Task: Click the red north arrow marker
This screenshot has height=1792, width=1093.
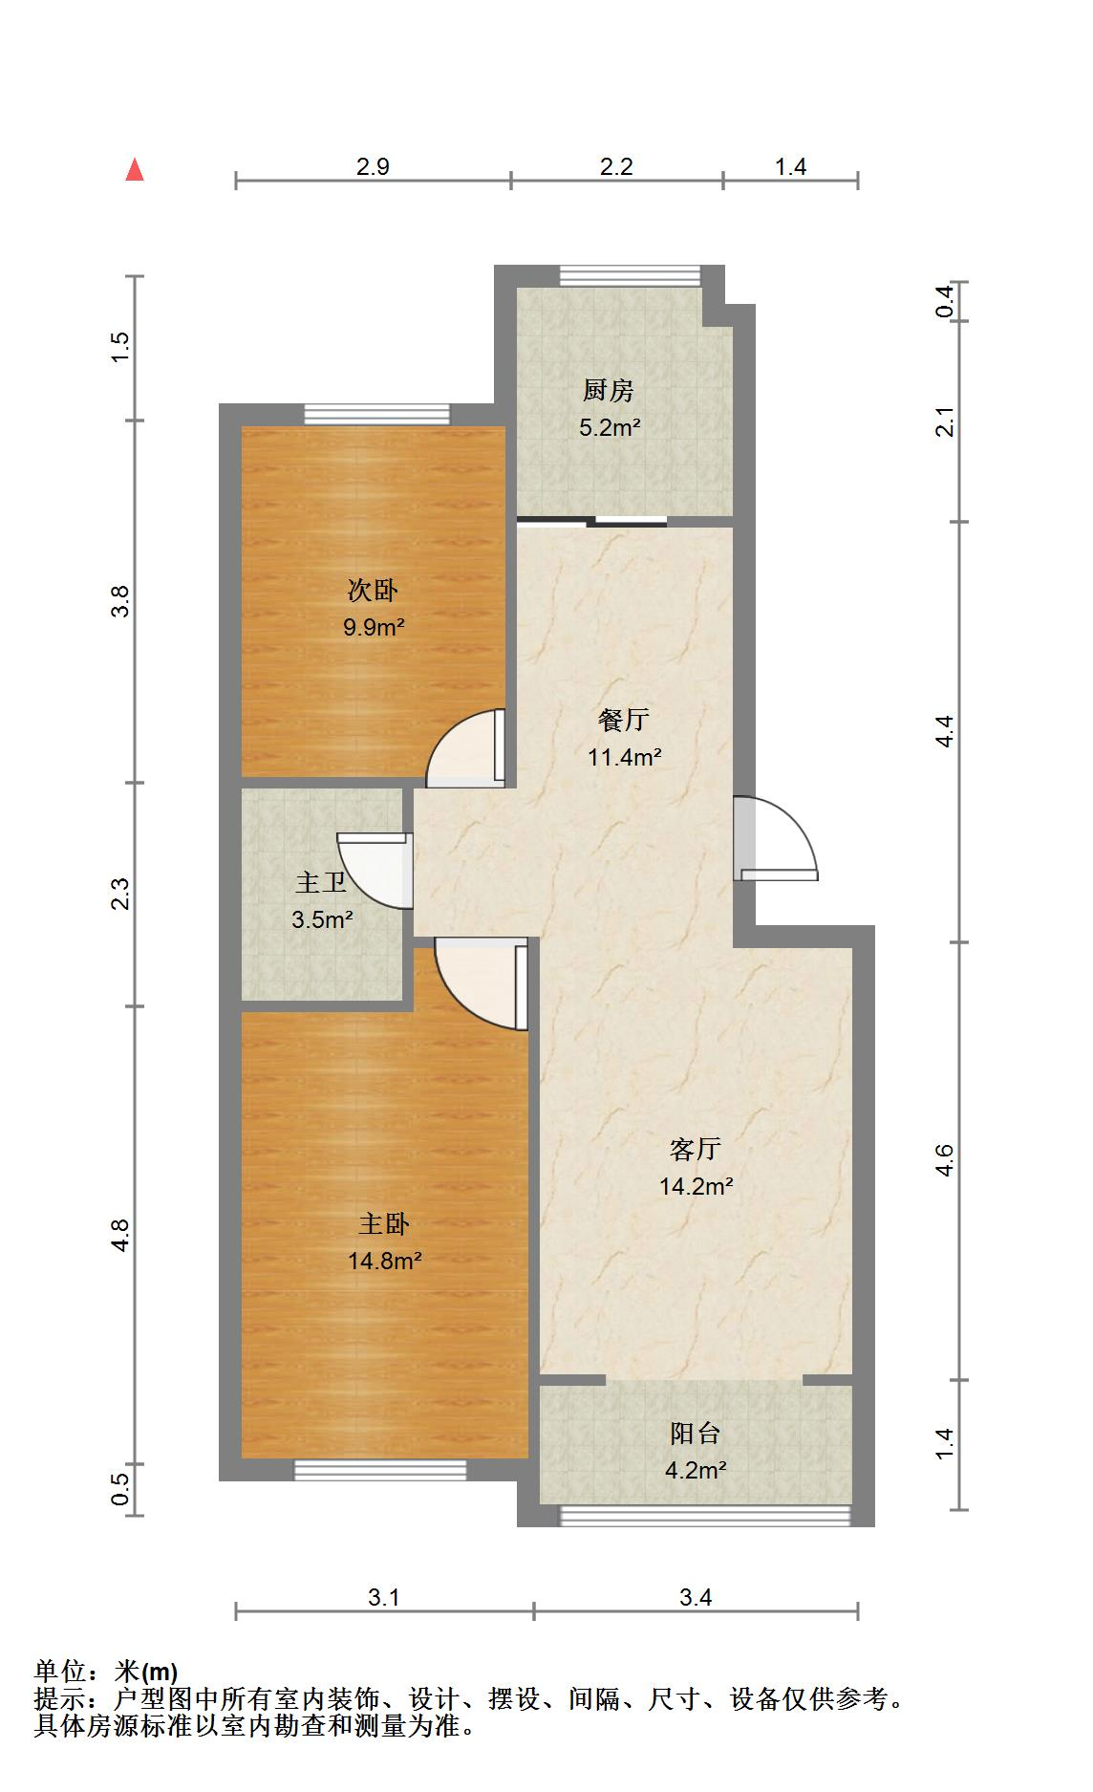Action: pyautogui.click(x=135, y=170)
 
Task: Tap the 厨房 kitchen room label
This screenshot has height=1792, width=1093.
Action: pyautogui.click(x=609, y=391)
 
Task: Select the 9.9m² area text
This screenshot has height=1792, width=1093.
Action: pyautogui.click(x=374, y=628)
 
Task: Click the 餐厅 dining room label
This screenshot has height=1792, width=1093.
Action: pyautogui.click(x=624, y=720)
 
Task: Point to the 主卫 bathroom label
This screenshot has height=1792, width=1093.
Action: pyautogui.click(x=321, y=882)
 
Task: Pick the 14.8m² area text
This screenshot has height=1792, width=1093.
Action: pyautogui.click(x=385, y=1261)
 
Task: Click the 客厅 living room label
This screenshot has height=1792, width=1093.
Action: pyautogui.click(x=696, y=1149)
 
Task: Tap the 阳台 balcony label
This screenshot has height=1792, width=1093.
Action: pyautogui.click(x=696, y=1434)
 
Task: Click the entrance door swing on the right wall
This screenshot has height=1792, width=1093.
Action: pyautogui.click(x=776, y=838)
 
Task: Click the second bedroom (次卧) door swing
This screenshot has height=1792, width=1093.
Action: pyautogui.click(x=465, y=748)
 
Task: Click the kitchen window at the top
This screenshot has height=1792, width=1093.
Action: pyautogui.click(x=630, y=274)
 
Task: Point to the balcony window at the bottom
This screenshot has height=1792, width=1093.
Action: pyautogui.click(x=704, y=1516)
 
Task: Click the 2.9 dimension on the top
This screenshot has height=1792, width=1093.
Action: pyautogui.click(x=373, y=167)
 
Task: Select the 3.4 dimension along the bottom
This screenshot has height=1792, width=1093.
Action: pyautogui.click(x=696, y=1597)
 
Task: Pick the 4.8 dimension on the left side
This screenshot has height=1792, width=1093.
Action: pyautogui.click(x=119, y=1235)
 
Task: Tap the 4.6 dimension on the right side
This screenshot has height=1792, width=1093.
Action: pyautogui.click(x=945, y=1161)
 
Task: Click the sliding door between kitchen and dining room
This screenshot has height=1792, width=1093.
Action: pyautogui.click(x=591, y=522)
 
